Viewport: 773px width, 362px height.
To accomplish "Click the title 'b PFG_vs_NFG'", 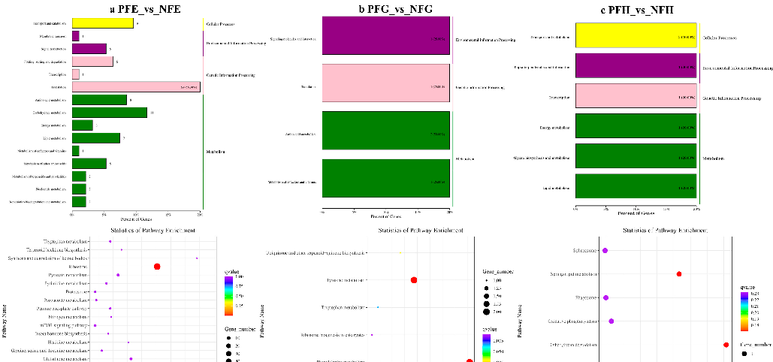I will coord(386,9).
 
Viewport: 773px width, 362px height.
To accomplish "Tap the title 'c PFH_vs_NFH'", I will coord(636,9).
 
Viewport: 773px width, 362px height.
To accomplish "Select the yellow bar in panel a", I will coord(103,23).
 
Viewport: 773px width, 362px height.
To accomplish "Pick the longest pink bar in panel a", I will coord(136,86).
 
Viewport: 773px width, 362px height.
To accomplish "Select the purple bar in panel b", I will coord(386,36).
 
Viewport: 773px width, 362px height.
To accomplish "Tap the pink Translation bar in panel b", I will coord(386,87).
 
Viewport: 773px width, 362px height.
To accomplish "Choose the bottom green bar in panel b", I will coord(386,182).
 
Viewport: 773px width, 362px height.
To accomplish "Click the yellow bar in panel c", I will coord(636,36).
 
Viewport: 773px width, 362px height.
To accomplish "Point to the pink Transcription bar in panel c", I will coord(636,98).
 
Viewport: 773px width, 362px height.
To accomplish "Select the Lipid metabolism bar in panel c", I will coord(636,188).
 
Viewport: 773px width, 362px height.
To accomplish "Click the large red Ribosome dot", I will coord(157,267).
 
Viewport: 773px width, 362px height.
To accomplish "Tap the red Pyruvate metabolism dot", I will coord(414,280).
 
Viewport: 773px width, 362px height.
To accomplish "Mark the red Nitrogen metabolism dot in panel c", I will coord(679,274).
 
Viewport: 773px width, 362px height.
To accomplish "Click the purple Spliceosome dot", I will coord(605,250).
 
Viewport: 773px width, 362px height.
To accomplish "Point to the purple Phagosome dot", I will coord(605,297).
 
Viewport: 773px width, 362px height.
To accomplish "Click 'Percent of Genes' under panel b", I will coord(386,217).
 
